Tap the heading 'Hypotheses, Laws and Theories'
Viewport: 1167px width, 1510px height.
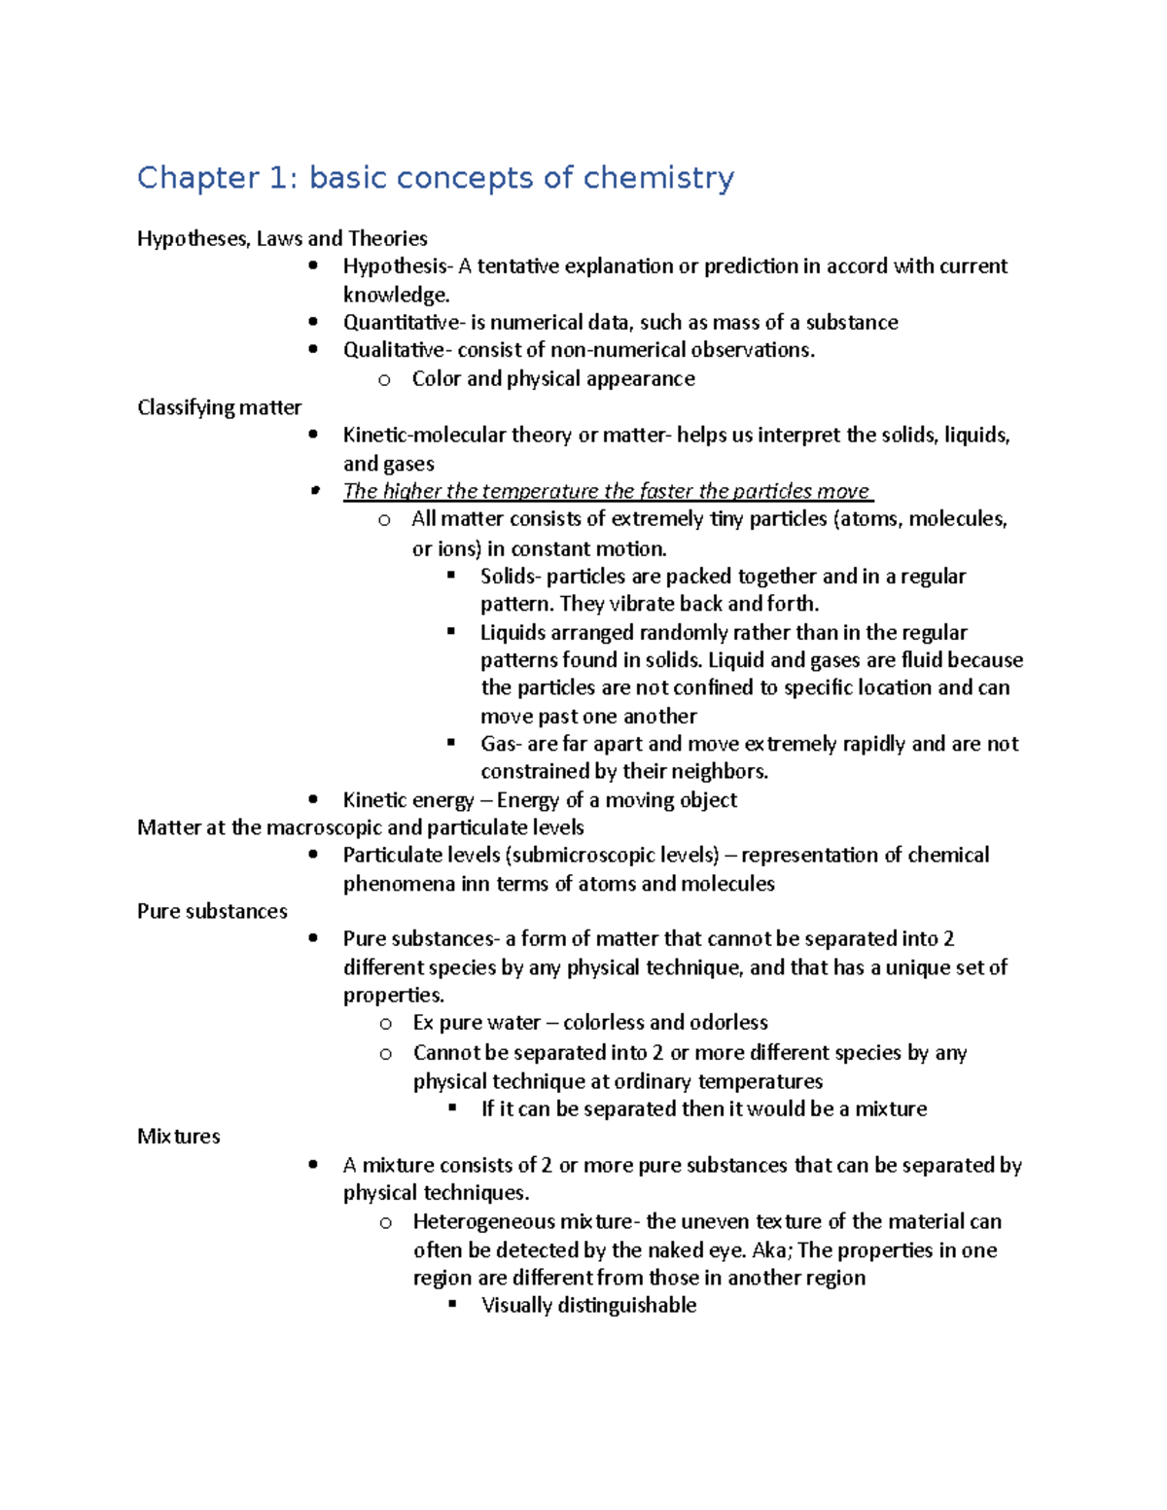[x=282, y=238]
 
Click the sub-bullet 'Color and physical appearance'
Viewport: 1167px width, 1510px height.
[x=552, y=379]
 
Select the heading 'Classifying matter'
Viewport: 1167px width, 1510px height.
[x=219, y=407]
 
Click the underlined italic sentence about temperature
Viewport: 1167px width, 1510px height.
[x=607, y=491]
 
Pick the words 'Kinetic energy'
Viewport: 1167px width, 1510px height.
[x=407, y=800]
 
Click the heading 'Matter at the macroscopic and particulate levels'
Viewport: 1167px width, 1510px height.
[x=360, y=827]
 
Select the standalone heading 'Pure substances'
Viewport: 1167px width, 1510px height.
[x=212, y=911]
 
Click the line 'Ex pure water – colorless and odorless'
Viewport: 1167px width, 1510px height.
[x=589, y=1023]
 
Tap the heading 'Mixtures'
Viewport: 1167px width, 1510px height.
[x=178, y=1137]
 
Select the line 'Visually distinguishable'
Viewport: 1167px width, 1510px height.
[x=588, y=1306]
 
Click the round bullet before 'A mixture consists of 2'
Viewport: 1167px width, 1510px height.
[x=312, y=1165]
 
